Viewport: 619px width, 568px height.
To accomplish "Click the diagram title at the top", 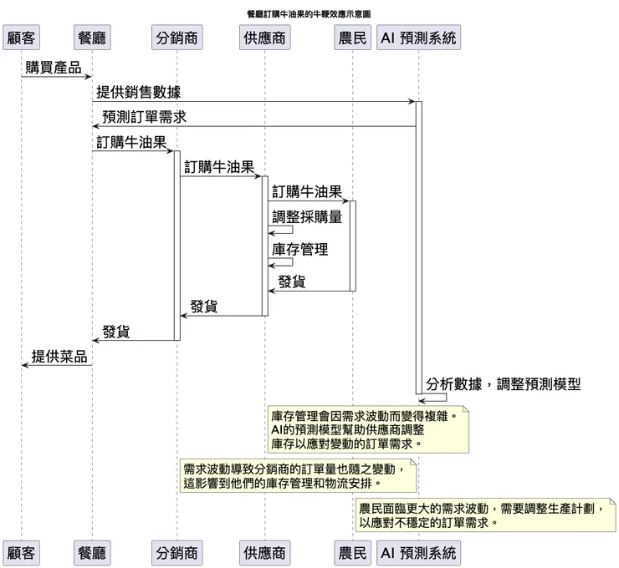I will pos(309,14).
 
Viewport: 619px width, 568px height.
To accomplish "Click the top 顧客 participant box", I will pos(21,38).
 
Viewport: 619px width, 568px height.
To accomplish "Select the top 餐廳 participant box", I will pos(92,38).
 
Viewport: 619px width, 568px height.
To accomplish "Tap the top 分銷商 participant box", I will pos(177,38).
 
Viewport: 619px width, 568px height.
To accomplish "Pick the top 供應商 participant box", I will pos(264,38).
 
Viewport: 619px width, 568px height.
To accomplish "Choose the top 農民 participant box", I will pos(353,38).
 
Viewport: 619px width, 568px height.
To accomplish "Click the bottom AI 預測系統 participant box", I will pos(418,553).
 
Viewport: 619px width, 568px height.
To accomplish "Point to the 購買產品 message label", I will pos(54,68).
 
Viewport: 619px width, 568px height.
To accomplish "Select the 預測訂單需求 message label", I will pos(144,117).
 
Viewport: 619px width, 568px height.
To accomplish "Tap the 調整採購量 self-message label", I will pos(307,216).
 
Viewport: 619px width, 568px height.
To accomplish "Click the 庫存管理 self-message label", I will pos(299,249).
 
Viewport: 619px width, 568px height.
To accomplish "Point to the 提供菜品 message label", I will pos(59,357).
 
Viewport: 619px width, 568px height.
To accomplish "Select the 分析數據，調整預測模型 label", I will pos(503,384).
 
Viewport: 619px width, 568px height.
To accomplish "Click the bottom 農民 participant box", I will pos(353,553).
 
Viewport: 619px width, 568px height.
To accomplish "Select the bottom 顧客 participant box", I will pos(21,553).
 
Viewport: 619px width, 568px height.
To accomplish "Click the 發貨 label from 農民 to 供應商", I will pos(292,282).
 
